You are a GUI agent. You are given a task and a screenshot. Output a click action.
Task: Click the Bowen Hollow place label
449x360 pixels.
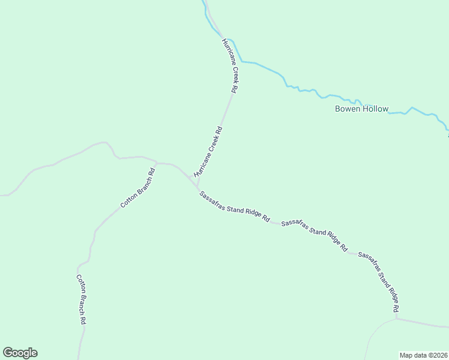click(361, 109)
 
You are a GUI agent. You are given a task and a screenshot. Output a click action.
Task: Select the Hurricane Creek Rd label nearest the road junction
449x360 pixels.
click(208, 151)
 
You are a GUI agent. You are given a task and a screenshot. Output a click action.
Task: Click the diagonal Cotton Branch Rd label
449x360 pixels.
click(138, 188)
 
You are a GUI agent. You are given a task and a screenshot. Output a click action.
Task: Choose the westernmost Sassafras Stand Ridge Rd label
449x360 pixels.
click(234, 207)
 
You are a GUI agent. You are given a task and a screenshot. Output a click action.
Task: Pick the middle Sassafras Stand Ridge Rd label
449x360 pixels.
click(314, 235)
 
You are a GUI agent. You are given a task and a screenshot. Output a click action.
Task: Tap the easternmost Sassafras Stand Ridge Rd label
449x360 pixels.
click(379, 281)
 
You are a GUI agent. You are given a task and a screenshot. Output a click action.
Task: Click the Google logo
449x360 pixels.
click(20, 353)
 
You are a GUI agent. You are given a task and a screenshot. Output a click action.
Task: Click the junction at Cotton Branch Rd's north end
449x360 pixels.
click(157, 162)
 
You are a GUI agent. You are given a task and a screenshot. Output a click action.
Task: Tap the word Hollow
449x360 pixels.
click(376, 109)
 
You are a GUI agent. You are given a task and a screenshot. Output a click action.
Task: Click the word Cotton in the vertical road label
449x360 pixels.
click(79, 284)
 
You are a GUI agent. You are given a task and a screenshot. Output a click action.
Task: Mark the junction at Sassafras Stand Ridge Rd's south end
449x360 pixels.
click(397, 318)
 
